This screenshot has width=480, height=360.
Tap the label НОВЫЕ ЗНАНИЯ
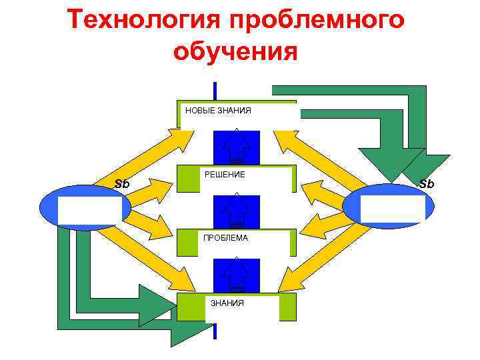[218, 110]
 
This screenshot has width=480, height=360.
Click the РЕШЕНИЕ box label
[225, 175]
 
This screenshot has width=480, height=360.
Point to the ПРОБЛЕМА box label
[225, 238]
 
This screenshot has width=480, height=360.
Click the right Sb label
[426, 183]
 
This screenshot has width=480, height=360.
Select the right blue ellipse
[389, 207]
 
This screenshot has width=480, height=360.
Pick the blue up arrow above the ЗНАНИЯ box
[236, 275]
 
